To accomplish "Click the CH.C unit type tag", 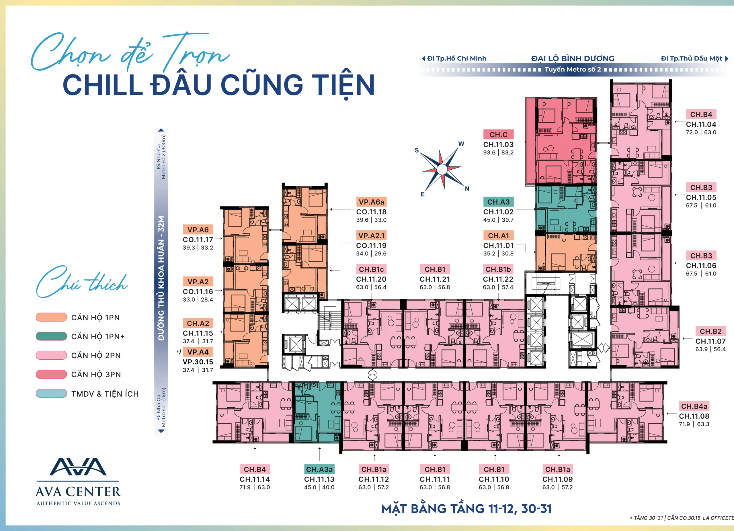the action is coord(498,134).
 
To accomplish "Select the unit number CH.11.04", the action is coord(701,124).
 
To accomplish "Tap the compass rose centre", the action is coord(442,169).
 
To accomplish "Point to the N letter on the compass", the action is coord(467,189).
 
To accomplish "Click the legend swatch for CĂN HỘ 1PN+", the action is coord(51,336).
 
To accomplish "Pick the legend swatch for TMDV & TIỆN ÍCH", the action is coord(51,393).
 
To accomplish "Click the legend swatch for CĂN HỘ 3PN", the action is coord(51,374).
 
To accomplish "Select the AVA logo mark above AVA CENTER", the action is coord(78,467).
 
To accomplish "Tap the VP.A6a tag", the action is coord(371,202).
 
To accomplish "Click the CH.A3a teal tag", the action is coord(319,469).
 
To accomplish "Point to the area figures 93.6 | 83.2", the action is coord(498,153).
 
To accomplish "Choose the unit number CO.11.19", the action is coord(371,246).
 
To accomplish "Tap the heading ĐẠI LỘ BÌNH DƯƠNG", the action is coord(573,58).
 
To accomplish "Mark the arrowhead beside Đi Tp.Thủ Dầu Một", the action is coord(727,58).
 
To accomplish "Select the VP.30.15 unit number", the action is coord(198,362).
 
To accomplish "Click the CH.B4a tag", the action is coord(694,406).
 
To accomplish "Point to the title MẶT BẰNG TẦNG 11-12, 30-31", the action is coord(466,509).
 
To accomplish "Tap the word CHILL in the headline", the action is coord(103,85).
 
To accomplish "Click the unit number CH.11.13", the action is coord(319,479).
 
